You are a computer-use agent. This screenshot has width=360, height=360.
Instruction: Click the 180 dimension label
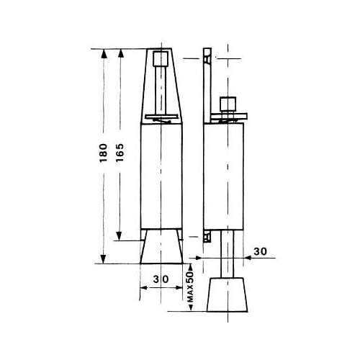(x=103, y=153)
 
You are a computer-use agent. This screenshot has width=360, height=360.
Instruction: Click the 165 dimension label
(x=120, y=153)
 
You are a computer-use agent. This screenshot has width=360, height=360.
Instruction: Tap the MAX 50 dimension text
(x=190, y=287)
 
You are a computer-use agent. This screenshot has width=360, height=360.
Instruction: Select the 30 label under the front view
(x=161, y=279)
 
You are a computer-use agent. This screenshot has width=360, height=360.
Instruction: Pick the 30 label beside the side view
(x=260, y=251)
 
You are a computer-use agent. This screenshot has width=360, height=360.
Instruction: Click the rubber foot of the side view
(x=228, y=294)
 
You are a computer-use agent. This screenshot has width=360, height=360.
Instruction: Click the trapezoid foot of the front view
(x=161, y=246)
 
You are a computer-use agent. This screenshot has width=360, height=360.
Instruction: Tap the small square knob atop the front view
(x=160, y=59)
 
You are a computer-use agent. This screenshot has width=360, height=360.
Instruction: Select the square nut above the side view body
(x=228, y=104)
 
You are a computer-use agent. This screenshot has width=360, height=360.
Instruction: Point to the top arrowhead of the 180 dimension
(x=104, y=54)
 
